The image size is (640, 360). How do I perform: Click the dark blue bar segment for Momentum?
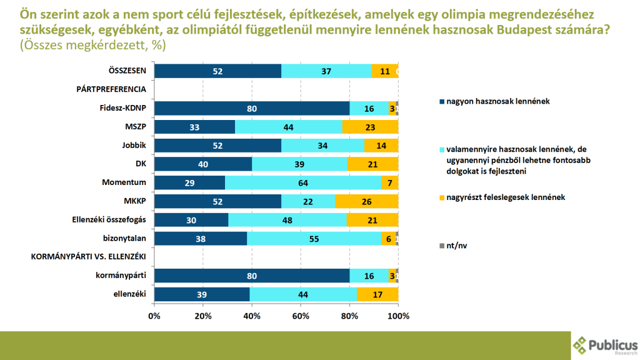pos(189,182)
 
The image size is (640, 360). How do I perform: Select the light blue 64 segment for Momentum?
pos(302,182)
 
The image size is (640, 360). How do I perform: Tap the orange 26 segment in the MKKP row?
pos(366,201)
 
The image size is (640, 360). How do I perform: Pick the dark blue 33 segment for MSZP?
pos(194,127)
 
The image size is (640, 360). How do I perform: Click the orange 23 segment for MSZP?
pos(370,127)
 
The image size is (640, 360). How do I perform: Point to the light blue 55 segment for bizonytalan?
pos(314,239)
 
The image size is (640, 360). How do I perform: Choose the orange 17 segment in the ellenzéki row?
pos(377,294)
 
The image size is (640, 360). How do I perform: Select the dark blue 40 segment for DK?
pos(203,164)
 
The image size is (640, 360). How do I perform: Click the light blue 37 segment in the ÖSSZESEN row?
pos(326,71)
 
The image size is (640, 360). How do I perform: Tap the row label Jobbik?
pos(133,146)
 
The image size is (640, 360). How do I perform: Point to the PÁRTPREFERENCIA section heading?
pos(111,89)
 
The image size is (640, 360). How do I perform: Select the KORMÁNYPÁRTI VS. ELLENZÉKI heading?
pos(88,257)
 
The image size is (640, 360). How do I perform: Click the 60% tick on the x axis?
pos(301,316)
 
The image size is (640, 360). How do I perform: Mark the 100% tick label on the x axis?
pos(398,316)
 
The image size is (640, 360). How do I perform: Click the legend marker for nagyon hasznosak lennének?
pos(442,101)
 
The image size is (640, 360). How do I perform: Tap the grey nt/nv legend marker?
pos(442,246)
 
